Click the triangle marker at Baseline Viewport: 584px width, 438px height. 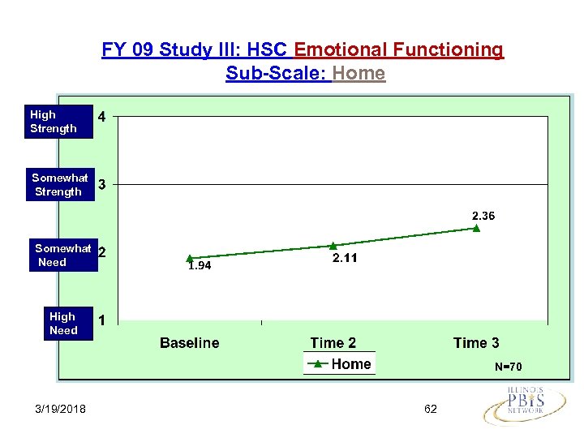[x=189, y=258]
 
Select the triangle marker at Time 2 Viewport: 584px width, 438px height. [x=333, y=245]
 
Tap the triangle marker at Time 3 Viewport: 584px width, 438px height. [x=476, y=228]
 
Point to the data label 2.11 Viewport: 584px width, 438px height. [x=345, y=258]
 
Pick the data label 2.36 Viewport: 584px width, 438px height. [x=479, y=216]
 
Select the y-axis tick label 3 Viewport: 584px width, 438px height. [x=101, y=185]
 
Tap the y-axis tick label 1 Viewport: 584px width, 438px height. [x=101, y=320]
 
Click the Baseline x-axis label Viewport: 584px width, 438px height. [x=189, y=343]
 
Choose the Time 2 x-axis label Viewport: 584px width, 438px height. [x=333, y=343]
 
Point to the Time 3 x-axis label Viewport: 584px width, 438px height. [x=476, y=343]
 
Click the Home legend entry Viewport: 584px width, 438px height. [x=340, y=364]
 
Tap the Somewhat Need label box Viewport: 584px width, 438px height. [x=62, y=255]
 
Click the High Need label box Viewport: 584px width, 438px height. [x=63, y=324]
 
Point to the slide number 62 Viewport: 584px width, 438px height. [x=430, y=409]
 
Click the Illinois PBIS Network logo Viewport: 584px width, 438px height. [x=526, y=404]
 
